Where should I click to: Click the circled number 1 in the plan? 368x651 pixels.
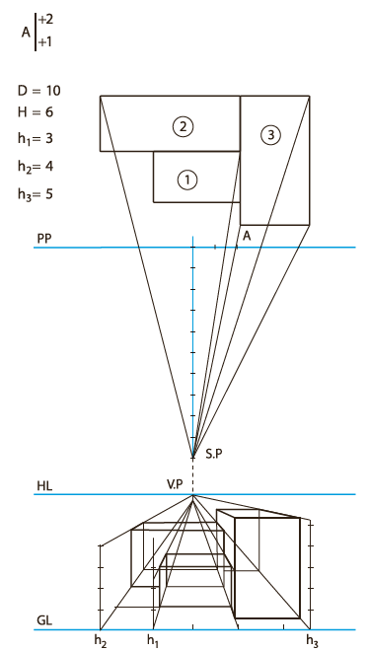(186, 181)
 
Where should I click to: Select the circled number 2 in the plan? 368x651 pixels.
(184, 126)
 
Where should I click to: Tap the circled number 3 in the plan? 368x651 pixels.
(270, 135)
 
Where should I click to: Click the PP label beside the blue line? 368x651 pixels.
(43, 239)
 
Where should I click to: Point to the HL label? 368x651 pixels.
(44, 486)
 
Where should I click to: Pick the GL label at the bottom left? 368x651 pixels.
(44, 620)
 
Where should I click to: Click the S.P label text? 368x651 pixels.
(214, 454)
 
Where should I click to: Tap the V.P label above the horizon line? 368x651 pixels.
(174, 484)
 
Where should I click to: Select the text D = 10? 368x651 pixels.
(39, 91)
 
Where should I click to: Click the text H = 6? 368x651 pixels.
(36, 112)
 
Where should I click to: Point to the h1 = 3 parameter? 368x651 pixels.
(36, 139)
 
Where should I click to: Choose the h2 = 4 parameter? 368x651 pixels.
(36, 167)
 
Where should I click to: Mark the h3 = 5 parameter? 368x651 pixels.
(36, 194)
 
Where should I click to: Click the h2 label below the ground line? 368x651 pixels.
(100, 641)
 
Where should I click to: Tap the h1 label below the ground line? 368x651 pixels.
(153, 641)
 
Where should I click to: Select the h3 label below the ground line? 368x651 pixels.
(313, 641)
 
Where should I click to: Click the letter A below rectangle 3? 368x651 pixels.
(247, 236)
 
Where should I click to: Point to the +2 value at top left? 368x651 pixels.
(45, 20)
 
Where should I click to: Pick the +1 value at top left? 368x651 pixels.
(45, 42)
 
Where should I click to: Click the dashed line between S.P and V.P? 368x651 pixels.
(192, 476)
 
